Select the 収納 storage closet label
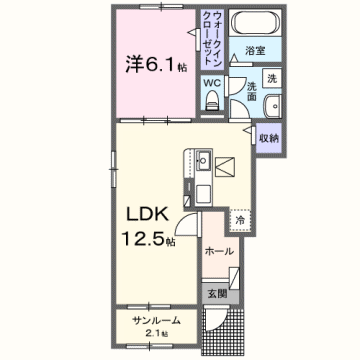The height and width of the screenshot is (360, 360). [x=269, y=138]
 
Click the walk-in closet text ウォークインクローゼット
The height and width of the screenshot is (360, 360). [x=217, y=39]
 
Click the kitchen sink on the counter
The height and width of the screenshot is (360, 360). [x=202, y=159]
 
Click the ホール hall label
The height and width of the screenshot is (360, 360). [x=218, y=253]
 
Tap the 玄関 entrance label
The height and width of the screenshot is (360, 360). [x=219, y=293]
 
